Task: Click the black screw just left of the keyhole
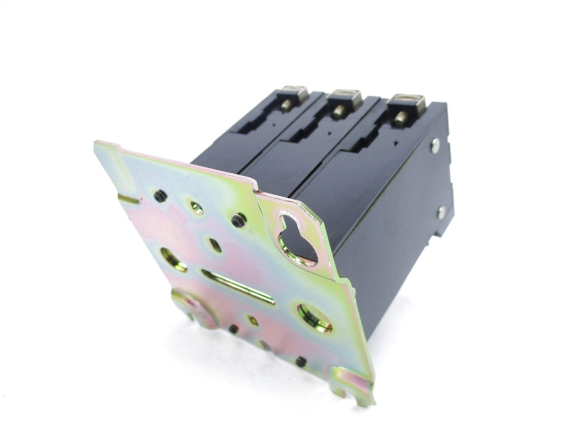(x=236, y=220)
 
